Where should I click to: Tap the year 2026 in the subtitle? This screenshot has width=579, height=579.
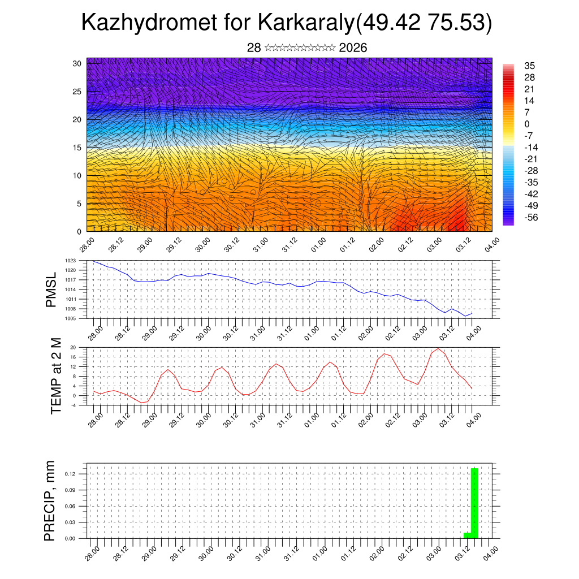353,48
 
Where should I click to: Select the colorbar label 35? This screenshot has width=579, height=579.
530,66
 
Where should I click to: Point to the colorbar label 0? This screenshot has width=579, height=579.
527,124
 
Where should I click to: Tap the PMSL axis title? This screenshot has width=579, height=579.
51,289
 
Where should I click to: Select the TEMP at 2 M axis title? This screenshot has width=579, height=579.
55,375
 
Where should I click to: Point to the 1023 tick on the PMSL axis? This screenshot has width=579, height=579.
70,261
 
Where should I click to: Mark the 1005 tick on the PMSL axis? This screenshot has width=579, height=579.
70,318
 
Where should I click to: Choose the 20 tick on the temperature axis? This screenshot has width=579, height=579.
73,347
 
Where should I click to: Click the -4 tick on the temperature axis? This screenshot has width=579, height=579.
73,405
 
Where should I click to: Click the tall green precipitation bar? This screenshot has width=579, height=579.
475,503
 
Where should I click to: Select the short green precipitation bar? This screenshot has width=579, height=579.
467,535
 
